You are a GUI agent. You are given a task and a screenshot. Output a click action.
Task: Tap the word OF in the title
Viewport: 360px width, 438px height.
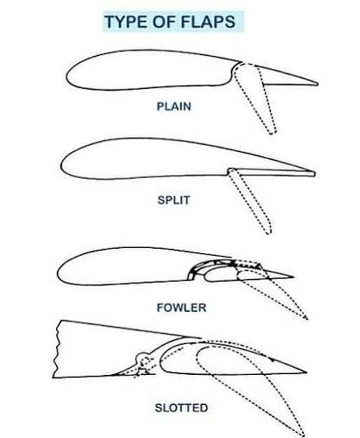pos(165,21)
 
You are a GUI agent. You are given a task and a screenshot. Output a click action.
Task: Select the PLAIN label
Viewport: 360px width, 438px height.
pos(174,107)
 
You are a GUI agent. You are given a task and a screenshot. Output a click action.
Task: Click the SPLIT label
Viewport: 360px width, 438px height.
pos(173,200)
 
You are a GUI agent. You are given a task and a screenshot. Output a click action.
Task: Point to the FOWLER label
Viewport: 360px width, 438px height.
pos(181,307)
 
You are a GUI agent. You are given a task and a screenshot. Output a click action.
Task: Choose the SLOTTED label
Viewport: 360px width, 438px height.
pos(181,408)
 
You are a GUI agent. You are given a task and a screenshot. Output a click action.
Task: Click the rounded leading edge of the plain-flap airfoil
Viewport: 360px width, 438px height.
pos(67,77)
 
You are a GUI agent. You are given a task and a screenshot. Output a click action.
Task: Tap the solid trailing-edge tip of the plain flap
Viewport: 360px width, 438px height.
pos(317,84)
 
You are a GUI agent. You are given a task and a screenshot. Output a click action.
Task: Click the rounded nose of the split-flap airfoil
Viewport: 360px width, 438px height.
pos(62,166)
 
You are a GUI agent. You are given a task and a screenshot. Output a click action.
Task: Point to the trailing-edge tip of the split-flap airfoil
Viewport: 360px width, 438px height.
pos(314,173)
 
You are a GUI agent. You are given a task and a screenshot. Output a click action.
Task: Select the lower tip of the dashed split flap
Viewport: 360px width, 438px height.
pos(268,233)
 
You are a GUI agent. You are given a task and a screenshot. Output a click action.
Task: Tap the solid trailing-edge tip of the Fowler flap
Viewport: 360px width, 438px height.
pos(292,277)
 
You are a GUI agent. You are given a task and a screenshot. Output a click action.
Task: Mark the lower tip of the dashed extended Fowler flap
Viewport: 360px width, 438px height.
pos(307,318)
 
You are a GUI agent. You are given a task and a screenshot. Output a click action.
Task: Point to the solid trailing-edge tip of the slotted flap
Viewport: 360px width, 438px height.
pos(306,372)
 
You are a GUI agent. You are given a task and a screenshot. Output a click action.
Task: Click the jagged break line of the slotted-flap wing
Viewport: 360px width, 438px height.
pos(57,349)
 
